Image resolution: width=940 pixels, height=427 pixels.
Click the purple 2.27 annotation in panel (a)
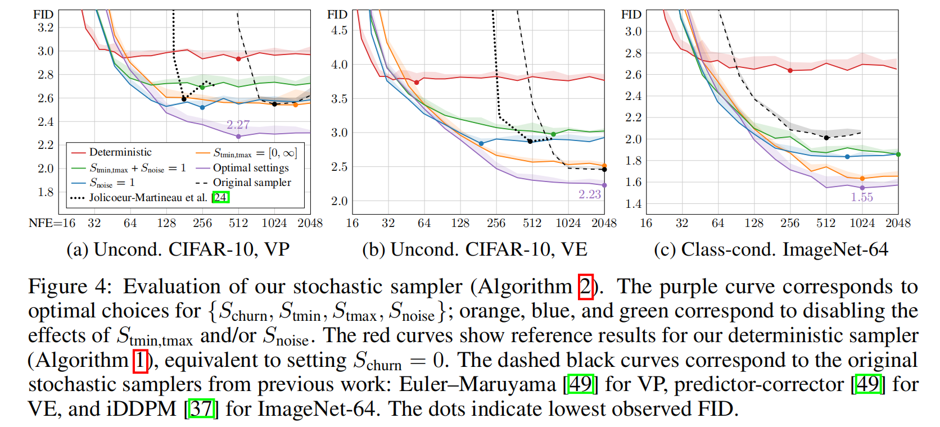238,125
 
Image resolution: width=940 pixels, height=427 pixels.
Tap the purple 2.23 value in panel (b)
589,194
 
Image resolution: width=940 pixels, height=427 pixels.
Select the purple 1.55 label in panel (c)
861,197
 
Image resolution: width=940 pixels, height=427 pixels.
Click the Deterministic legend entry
120,152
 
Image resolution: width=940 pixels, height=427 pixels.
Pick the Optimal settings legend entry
251,167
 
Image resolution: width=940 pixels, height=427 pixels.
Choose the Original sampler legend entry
252,183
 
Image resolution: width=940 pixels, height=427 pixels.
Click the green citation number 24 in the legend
220,197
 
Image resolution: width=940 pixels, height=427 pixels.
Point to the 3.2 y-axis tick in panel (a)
46,28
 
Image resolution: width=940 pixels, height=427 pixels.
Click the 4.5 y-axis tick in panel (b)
339,30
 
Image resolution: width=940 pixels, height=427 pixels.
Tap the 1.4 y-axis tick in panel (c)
633,203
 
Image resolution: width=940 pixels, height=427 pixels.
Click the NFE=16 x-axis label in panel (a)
52,223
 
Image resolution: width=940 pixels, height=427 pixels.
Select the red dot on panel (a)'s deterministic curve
238,59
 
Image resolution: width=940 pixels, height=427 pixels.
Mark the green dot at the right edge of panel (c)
898,155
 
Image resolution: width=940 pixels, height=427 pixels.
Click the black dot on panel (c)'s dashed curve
826,138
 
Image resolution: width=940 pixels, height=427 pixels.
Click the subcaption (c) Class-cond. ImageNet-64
771,249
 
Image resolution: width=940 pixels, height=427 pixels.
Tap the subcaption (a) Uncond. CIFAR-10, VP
178,249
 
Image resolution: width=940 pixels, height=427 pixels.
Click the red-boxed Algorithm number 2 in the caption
585,287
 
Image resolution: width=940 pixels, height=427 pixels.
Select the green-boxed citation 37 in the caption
201,408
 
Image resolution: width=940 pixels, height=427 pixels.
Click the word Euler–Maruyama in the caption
477,384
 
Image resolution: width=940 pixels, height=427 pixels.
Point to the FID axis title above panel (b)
337,15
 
